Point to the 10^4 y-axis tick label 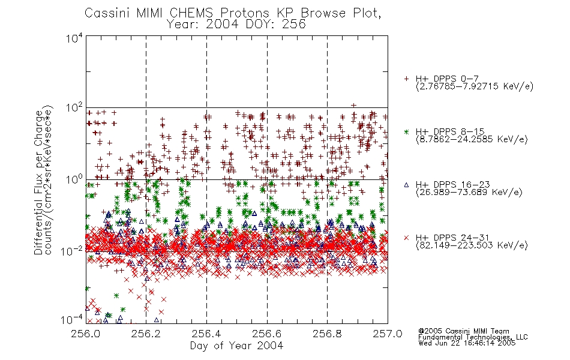74,38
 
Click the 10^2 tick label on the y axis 74,108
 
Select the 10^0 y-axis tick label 74,179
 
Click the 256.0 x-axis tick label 86,334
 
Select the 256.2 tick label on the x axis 146,334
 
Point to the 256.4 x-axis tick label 206,334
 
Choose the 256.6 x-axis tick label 267,334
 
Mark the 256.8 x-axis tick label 327,334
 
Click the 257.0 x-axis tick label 388,334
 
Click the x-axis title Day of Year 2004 236,346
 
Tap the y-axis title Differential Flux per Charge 38,183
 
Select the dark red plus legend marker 406,79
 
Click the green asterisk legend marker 406,132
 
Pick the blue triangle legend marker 406,185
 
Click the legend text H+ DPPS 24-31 452,238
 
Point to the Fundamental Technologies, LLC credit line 473,337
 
